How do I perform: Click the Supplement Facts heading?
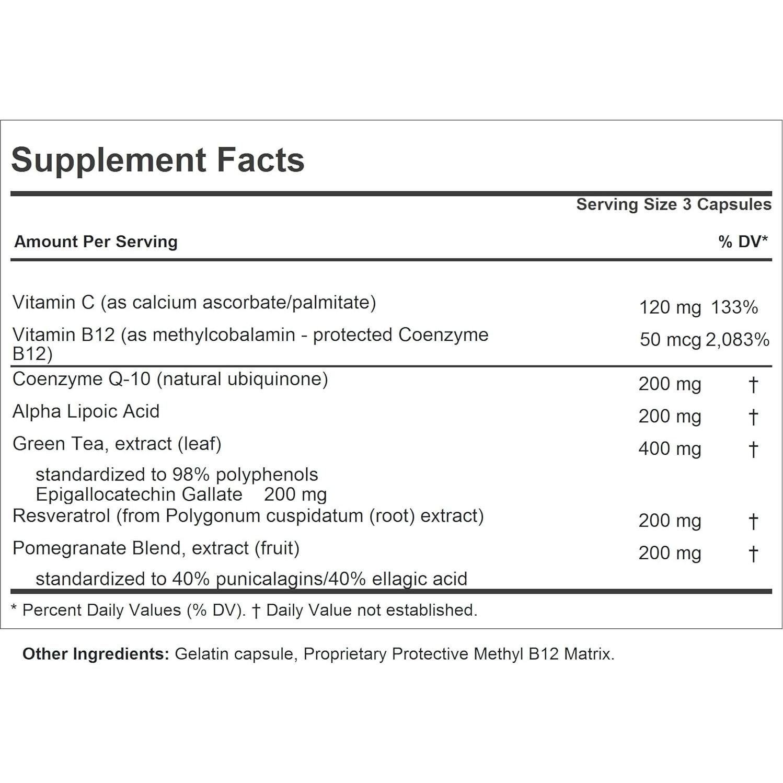[157, 160]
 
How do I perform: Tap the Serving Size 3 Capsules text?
[673, 204]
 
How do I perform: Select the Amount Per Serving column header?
[96, 241]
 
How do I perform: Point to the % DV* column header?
[742, 241]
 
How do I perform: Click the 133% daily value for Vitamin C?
[734, 307]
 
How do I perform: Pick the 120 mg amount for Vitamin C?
[670, 307]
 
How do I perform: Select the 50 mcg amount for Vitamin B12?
[670, 340]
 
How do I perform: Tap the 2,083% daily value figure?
[737, 340]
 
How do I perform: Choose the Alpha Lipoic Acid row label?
[86, 411]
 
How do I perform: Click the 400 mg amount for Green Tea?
[670, 449]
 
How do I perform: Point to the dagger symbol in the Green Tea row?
[753, 450]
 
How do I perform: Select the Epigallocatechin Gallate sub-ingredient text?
[139, 494]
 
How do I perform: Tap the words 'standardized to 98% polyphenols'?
[177, 475]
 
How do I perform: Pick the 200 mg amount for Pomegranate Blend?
[670, 554]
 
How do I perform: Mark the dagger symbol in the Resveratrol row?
[753, 522]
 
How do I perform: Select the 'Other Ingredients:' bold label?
[96, 654]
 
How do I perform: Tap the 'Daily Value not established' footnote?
[371, 610]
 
